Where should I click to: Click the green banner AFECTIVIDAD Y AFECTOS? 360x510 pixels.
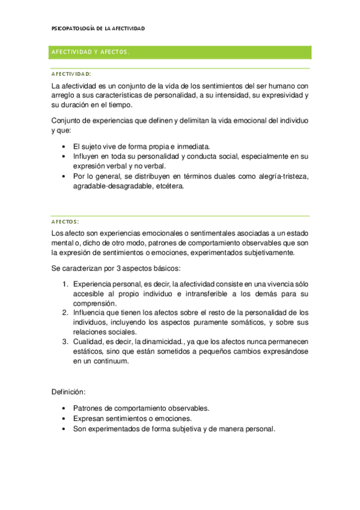(x=91, y=52)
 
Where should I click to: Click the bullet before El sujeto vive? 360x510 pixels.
(x=65, y=146)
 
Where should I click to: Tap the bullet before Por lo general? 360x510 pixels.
(x=65, y=176)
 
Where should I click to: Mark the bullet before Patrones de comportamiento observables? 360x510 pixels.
(x=65, y=408)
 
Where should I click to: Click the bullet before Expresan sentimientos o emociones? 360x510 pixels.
(x=65, y=419)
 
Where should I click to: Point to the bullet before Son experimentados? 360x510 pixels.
(x=65, y=429)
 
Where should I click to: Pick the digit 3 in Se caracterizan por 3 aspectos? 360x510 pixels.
(x=105, y=267)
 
